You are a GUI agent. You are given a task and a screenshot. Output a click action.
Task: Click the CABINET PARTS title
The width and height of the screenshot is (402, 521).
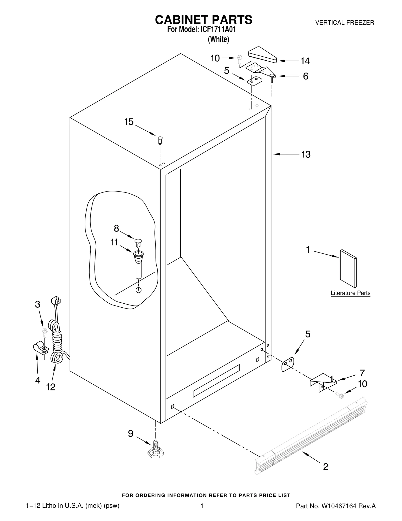point(204,20)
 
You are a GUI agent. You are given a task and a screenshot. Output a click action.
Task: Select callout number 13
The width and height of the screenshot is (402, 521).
point(306,154)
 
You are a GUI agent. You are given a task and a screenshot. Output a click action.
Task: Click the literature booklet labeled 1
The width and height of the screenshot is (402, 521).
point(348,268)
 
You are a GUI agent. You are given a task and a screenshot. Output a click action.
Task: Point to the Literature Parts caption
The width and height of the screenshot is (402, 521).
point(350,293)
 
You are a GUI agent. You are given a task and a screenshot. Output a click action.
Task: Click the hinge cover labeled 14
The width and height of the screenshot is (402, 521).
point(263,54)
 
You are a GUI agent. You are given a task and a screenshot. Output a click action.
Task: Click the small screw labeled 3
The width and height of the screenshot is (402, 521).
point(45,332)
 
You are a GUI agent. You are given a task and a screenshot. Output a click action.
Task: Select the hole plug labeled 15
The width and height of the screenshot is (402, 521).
point(160,140)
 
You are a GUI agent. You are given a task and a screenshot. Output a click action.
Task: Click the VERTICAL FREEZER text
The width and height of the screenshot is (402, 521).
point(344,23)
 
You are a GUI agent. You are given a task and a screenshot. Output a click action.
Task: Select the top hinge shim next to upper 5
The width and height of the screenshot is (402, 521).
point(255,81)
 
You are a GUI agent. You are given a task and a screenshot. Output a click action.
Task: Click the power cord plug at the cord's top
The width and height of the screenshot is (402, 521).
point(56,301)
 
